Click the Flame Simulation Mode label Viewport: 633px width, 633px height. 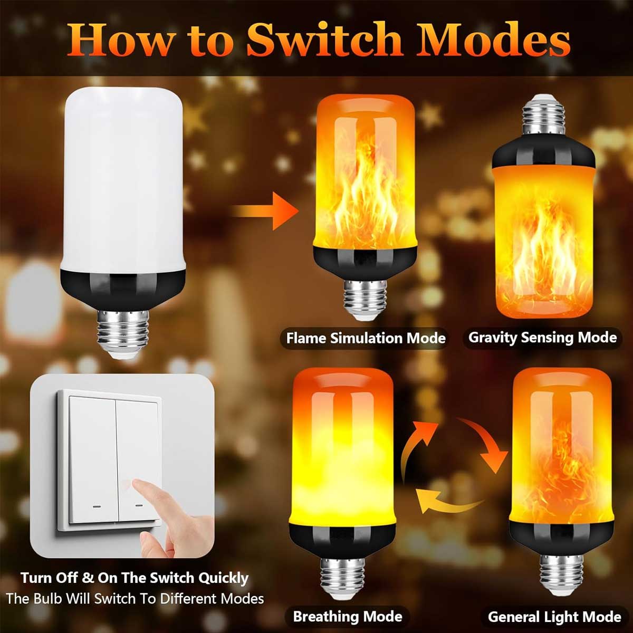coord(366,338)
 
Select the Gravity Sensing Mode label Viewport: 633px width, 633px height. coord(542,338)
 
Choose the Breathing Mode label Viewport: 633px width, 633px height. coord(348,616)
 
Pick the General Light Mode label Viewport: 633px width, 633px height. coord(554,617)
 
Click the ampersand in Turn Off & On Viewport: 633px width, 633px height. coord(87,578)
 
